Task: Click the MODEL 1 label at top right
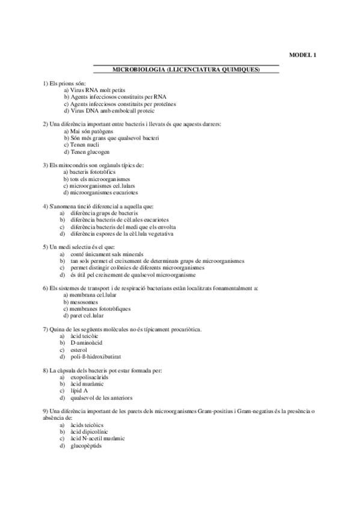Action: pyautogui.click(x=302, y=55)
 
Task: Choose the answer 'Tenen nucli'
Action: pyautogui.click(x=85, y=145)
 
